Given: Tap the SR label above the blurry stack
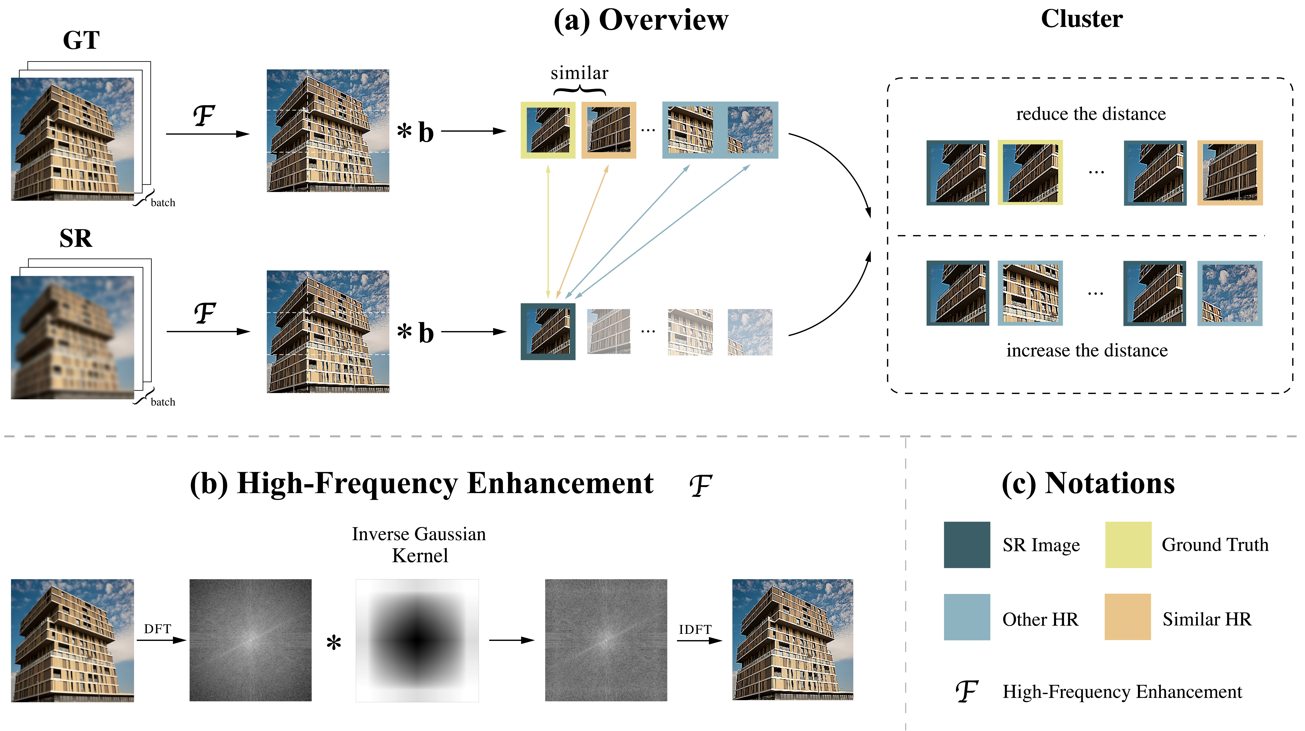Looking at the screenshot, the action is point(76,238).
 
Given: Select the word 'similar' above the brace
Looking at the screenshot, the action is point(580,73).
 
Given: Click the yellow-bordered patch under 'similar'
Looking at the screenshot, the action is point(548,130).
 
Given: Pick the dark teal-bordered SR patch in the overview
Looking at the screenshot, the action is point(548,332).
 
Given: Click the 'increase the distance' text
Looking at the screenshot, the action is point(1087,350).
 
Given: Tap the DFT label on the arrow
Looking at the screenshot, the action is point(158,629).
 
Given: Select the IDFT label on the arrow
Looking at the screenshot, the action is point(695,630).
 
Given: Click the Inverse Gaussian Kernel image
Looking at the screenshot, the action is point(417,640).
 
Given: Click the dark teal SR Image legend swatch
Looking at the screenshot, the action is point(967,544).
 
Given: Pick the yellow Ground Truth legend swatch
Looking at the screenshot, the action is point(1128,544).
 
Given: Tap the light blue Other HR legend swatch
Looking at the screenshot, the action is point(967,617).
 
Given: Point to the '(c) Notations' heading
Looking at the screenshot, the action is point(1088,483).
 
